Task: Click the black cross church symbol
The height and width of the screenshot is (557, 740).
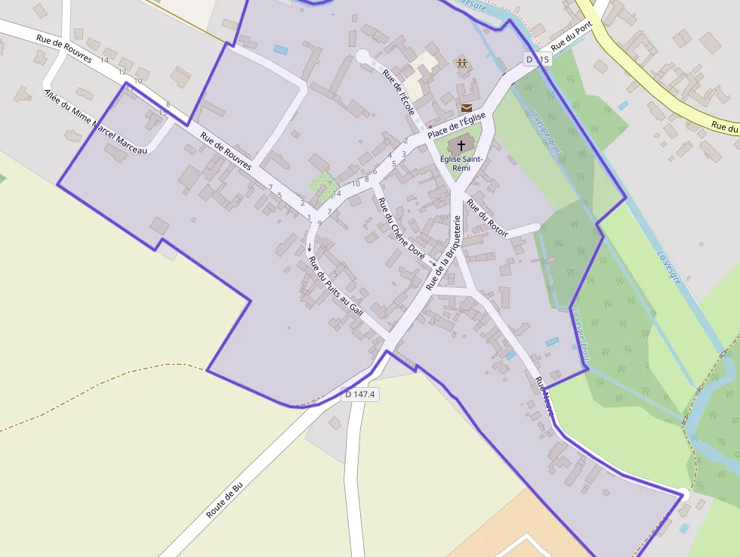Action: point(461,144)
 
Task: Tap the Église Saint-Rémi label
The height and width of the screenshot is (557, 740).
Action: point(461,162)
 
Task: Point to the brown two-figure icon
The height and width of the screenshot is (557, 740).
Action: point(461,63)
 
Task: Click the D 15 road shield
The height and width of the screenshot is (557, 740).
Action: point(538,59)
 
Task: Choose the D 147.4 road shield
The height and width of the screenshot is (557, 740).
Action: point(360,394)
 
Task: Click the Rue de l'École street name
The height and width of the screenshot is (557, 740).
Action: point(399,92)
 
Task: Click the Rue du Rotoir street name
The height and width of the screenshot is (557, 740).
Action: point(488,218)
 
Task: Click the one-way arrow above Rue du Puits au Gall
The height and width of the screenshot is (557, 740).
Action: point(309,247)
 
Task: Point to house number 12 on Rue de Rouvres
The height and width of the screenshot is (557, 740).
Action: point(122,72)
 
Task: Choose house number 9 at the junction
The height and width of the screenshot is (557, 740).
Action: point(319,223)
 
